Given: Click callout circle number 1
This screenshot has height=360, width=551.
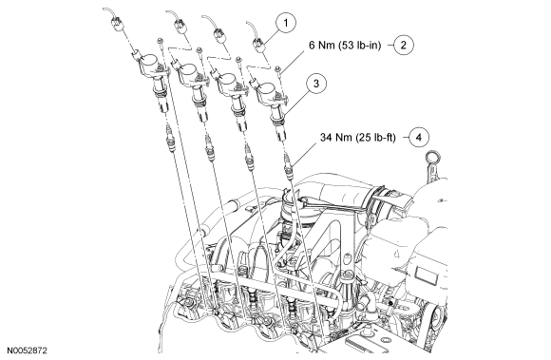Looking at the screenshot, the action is [285, 23].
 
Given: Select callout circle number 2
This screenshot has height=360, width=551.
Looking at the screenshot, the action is [403, 45].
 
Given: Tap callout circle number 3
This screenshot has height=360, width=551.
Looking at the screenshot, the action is [316, 84].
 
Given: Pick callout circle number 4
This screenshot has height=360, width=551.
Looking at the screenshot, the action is [419, 137].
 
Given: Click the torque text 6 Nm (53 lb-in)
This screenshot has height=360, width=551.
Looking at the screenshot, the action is [345, 46].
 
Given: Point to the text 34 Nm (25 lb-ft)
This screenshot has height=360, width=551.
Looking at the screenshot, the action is [358, 138].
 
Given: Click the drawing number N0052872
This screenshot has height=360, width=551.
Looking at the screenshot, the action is [27, 351].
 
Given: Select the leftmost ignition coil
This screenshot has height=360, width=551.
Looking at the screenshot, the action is [152, 80].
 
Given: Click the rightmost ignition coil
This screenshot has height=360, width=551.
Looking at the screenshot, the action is [271, 105].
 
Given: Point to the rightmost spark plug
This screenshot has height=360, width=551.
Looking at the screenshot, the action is [289, 166].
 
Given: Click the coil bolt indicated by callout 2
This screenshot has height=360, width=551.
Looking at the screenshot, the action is [277, 70].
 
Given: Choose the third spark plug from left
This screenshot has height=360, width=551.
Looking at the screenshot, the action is [249, 157].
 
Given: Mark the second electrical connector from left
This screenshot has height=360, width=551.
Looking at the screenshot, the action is [180, 27].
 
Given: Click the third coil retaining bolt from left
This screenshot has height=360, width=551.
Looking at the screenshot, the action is [238, 62].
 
